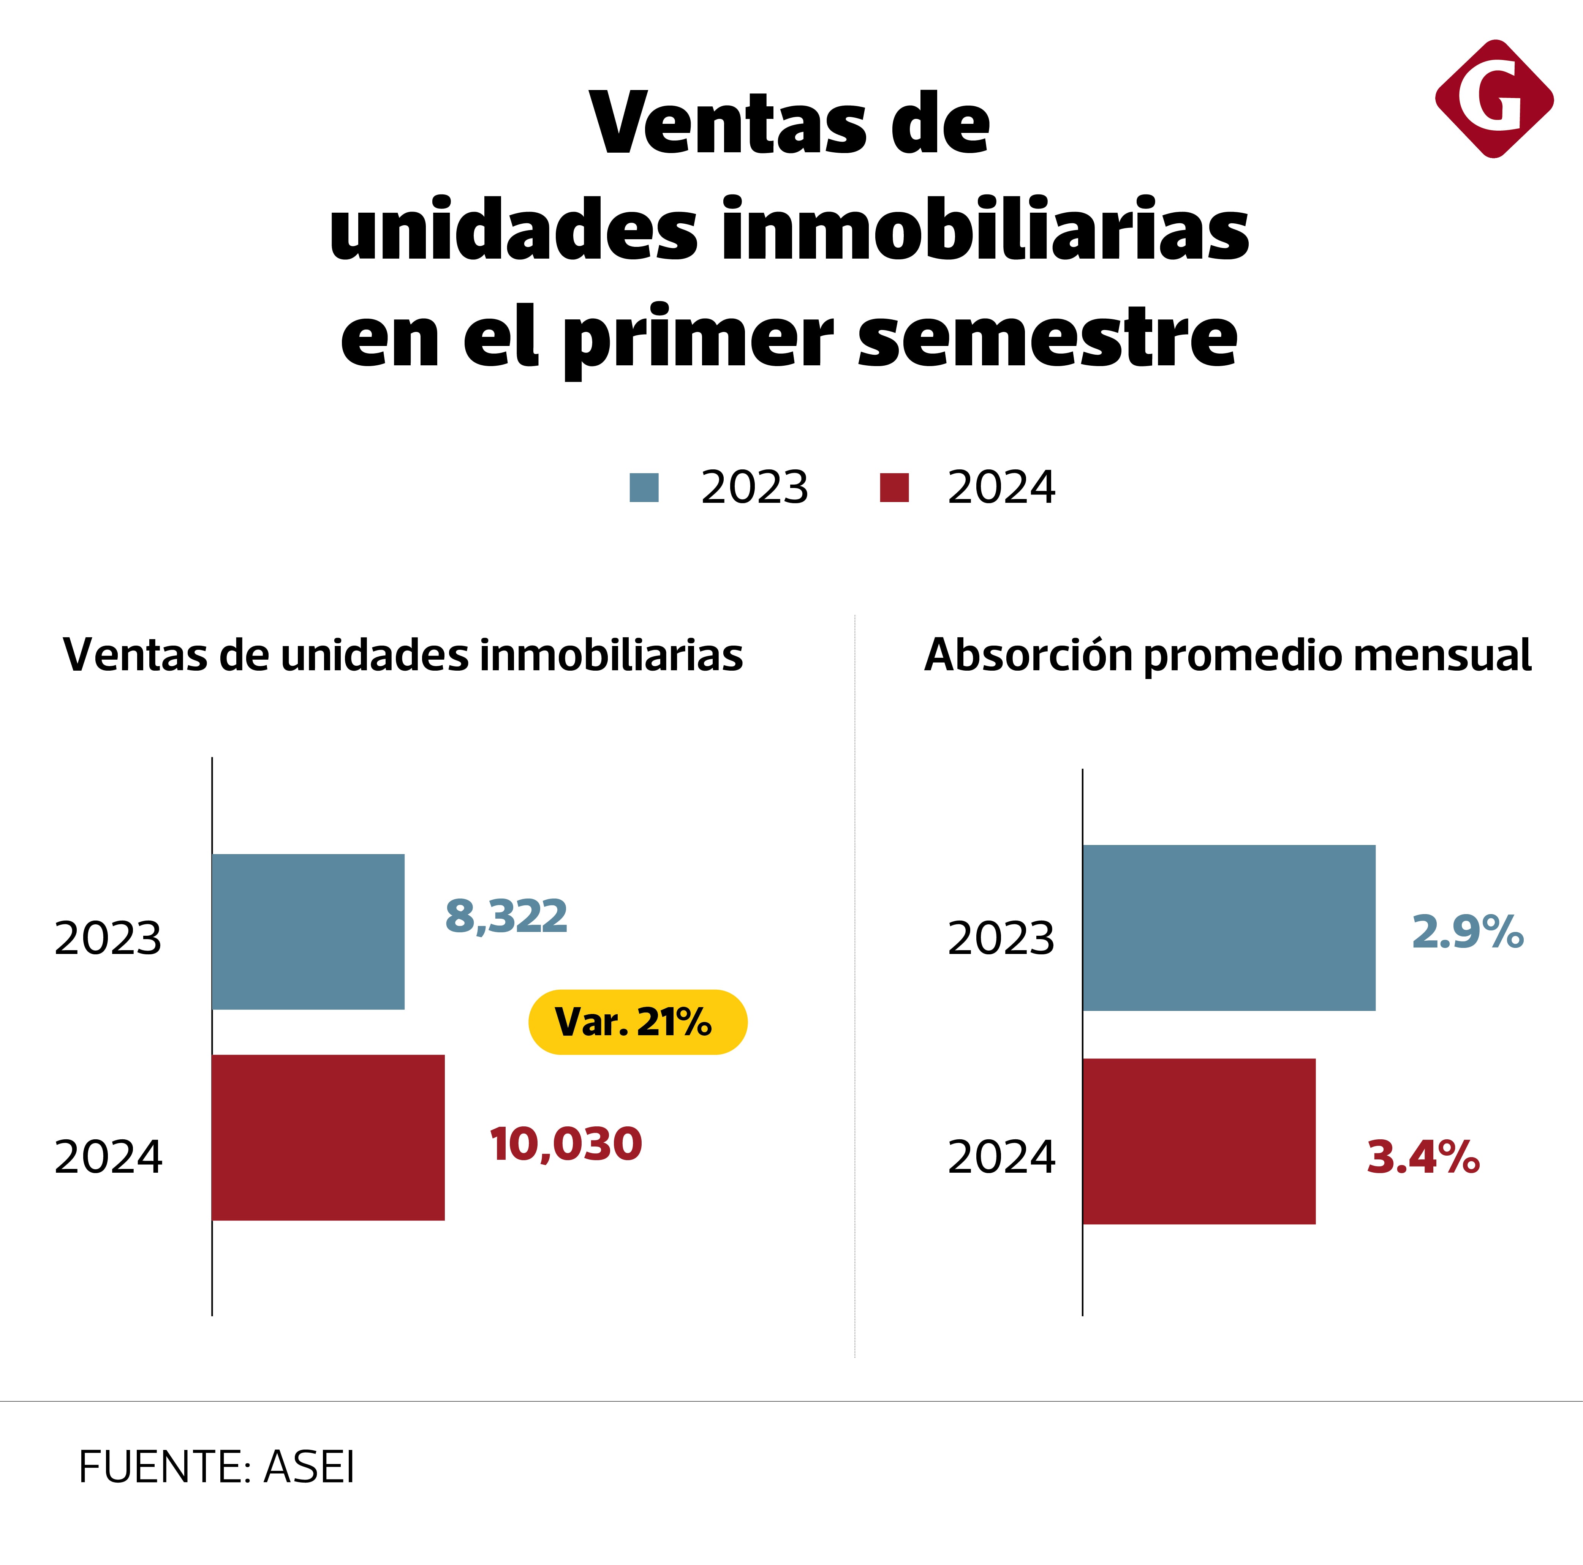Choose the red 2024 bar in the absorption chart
1199,1141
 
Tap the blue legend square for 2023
644,487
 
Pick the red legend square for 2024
894,487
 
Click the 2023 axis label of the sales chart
108,938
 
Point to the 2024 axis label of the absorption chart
1001,1157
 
